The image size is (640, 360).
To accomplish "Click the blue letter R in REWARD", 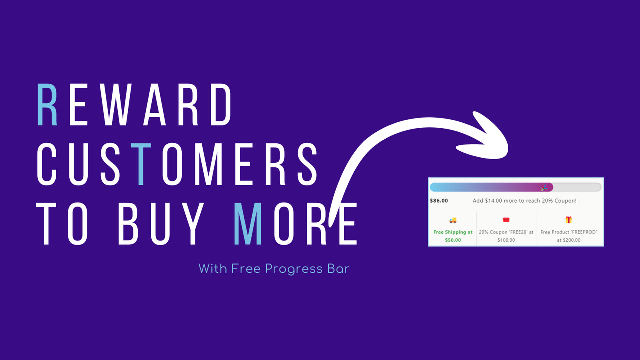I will point(48,105).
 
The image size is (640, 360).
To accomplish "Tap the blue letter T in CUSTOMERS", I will point(141,164).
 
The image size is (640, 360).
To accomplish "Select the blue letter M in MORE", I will point(249,223).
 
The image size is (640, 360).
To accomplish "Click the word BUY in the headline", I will point(161,223).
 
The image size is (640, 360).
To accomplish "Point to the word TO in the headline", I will point(68,223).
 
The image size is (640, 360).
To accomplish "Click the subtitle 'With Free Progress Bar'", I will point(274,269).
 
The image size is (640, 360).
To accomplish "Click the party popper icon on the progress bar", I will point(544,188).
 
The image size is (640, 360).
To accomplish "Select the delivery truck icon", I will point(453,220).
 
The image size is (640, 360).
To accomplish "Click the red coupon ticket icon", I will point(506,220).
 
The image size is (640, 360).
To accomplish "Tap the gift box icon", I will point(569,220).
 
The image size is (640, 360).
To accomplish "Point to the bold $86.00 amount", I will point(439,201).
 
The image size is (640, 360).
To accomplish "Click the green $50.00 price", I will point(453,240).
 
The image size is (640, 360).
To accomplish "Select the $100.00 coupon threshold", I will point(506,240).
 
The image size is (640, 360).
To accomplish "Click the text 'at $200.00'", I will point(569,240).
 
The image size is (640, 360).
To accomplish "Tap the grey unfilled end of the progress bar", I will point(577,187).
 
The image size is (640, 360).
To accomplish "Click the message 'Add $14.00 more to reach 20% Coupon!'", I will point(524,201).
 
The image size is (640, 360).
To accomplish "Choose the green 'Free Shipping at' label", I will point(453,232).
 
